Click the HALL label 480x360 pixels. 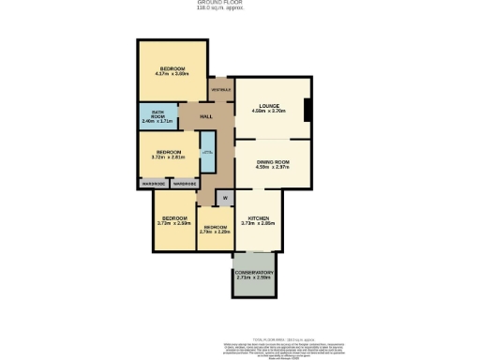point(205,117)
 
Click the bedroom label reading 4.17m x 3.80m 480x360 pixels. point(172,68)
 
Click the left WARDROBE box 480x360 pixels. point(154,184)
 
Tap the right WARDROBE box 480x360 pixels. point(184,184)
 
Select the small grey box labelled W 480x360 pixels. point(225,198)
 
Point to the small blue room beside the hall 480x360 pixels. point(209,152)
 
